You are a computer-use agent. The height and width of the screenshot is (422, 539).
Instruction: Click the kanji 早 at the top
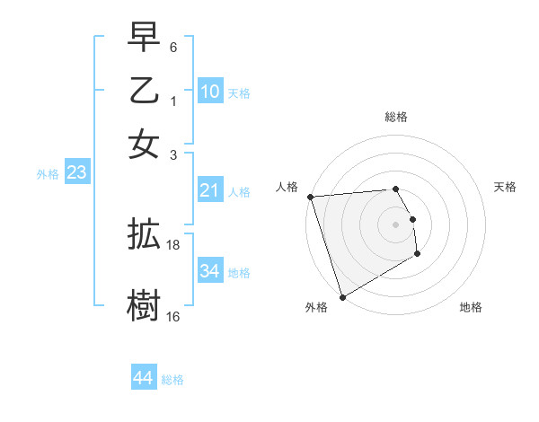click(x=144, y=39)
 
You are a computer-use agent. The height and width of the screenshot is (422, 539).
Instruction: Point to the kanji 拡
click(x=144, y=236)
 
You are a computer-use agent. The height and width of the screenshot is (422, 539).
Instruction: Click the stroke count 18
click(x=173, y=244)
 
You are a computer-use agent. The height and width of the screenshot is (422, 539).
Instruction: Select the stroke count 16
click(x=173, y=316)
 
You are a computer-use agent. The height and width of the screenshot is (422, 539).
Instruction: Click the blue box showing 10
click(x=210, y=92)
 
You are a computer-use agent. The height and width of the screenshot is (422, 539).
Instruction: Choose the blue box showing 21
click(x=210, y=190)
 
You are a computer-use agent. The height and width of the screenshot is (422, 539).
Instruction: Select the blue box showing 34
click(x=210, y=271)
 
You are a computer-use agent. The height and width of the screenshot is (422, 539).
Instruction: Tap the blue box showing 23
click(x=76, y=173)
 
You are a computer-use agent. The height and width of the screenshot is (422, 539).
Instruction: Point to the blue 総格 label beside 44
click(x=172, y=380)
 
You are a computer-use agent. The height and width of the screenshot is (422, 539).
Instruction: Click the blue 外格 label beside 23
click(x=47, y=174)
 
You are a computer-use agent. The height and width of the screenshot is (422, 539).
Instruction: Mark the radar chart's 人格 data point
click(x=310, y=197)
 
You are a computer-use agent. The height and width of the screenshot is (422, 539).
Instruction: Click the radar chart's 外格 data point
click(x=342, y=297)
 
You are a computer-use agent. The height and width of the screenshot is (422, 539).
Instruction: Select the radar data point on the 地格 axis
click(x=417, y=255)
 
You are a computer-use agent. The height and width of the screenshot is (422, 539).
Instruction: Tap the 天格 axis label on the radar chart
click(x=505, y=187)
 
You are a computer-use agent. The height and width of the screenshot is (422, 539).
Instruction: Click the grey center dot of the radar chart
click(x=395, y=224)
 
